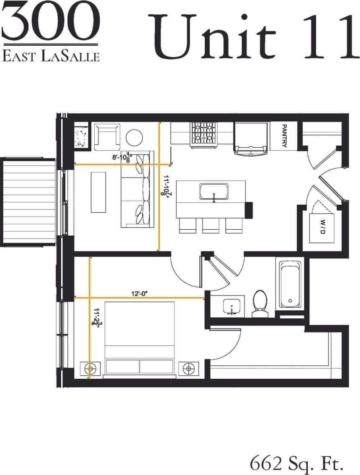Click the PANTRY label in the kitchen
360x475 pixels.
(x=284, y=136)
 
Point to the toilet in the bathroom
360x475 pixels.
(x=260, y=303)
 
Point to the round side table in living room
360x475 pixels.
(x=134, y=137)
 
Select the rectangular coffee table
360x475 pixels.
(x=98, y=192)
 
